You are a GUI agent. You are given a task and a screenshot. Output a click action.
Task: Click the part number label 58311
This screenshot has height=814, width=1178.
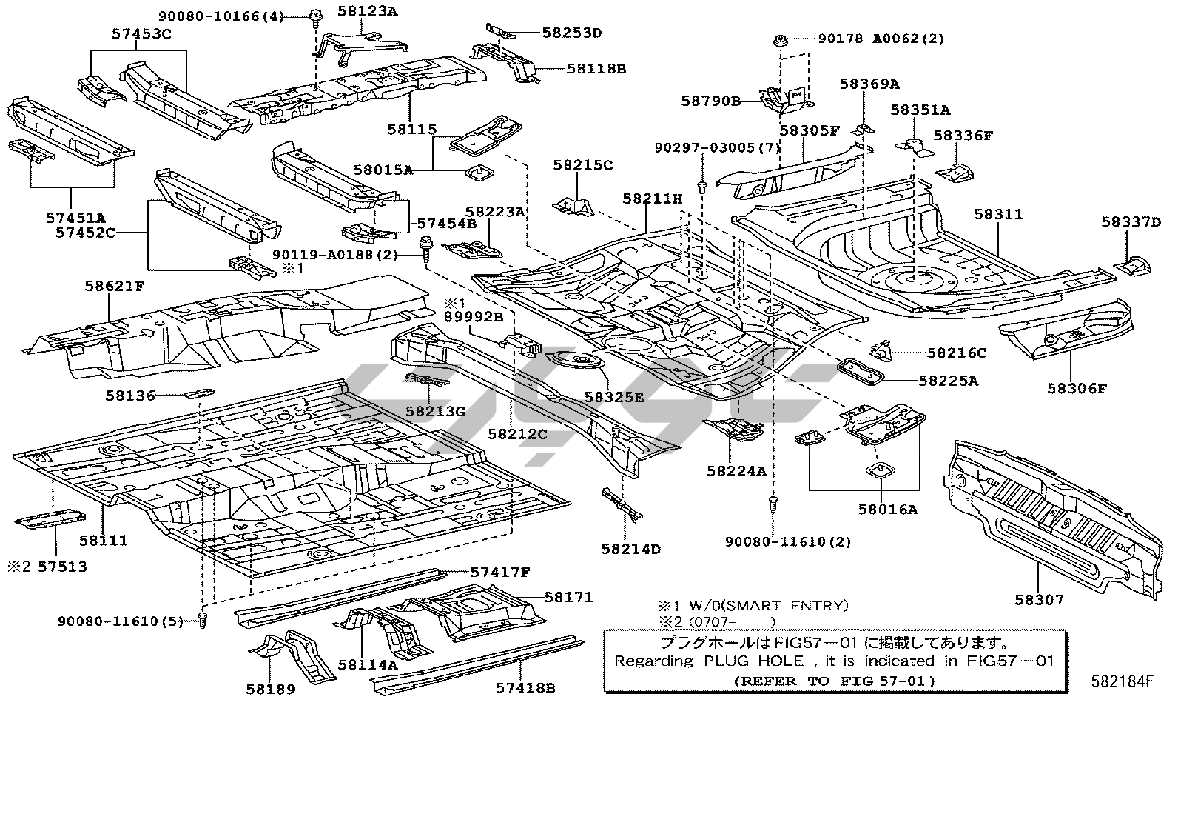coord(997,214)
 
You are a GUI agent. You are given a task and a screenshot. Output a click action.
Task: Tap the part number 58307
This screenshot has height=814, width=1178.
coord(1038,600)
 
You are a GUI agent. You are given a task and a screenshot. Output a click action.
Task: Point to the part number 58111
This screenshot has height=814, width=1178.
coord(104,541)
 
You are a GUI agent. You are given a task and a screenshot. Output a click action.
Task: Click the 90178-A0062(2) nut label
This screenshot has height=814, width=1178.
coord(881,39)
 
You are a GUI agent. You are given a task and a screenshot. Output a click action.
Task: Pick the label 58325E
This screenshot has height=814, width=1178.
coord(613,397)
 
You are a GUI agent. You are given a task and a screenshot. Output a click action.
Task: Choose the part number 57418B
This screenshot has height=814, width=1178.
coord(525,687)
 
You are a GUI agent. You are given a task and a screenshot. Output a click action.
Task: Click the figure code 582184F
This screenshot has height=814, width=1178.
coord(1121,681)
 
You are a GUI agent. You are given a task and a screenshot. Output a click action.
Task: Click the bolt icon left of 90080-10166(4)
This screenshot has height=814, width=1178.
coord(315,14)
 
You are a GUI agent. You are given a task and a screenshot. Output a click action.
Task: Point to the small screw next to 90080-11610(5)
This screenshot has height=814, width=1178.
coord(203,619)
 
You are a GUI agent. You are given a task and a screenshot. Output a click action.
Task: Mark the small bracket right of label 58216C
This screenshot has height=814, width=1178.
coord(881,349)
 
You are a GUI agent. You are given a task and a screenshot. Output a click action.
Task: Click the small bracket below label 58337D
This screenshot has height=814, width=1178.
coord(1131,264)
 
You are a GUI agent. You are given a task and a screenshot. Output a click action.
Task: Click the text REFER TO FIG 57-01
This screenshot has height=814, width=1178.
coord(835,681)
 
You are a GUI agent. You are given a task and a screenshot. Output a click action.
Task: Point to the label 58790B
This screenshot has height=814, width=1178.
coord(711,101)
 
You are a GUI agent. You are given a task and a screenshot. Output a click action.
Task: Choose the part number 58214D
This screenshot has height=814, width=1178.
coord(630,549)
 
